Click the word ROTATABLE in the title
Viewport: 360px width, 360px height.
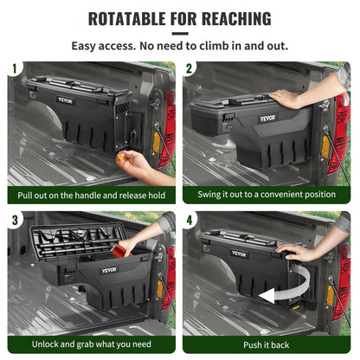(x=127, y=18)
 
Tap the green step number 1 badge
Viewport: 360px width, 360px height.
(x=15, y=67)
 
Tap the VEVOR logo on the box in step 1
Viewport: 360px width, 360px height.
(x=65, y=100)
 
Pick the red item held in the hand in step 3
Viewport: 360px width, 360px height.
(x=119, y=251)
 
